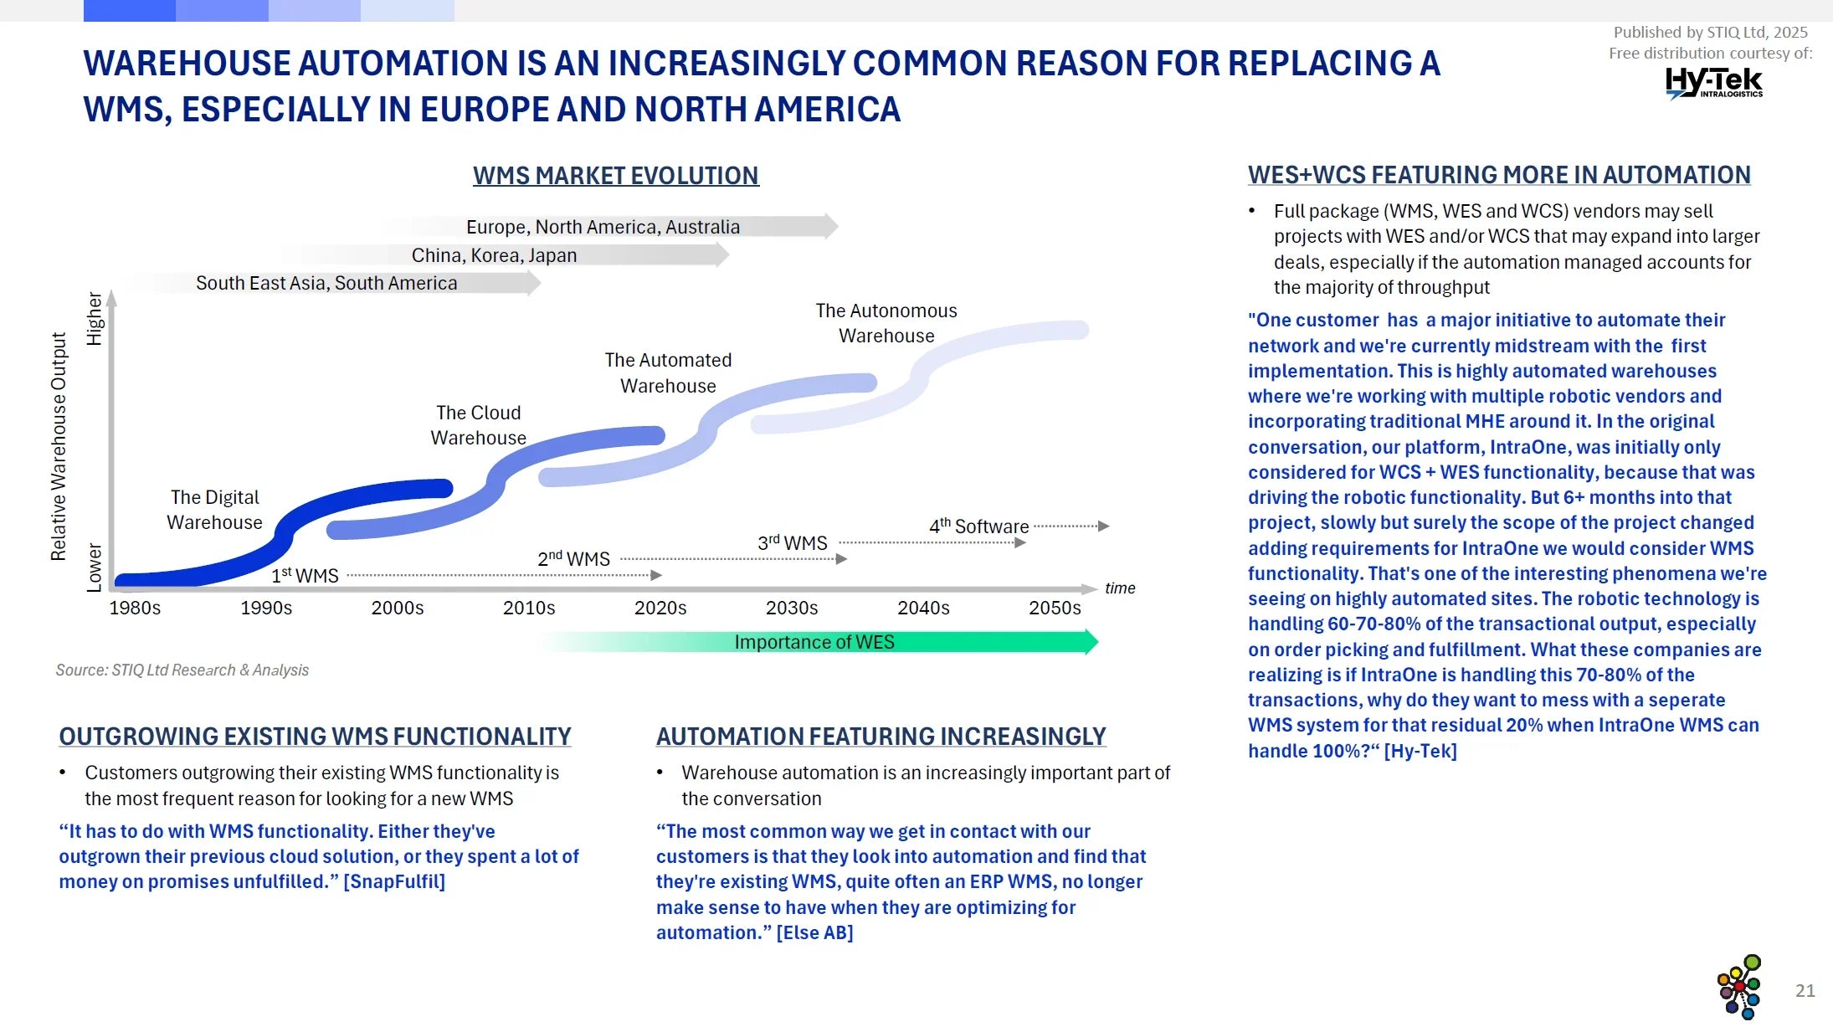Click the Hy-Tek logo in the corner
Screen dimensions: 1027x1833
1713,83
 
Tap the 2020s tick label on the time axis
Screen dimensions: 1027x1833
660,608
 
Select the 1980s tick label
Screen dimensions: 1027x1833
135,608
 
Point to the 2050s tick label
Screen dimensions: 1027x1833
1055,608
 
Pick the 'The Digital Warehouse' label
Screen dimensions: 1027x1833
214,510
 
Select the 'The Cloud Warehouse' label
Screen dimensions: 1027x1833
478,425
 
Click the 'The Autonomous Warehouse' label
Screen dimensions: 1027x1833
886,323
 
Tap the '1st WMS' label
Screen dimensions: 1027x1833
305,576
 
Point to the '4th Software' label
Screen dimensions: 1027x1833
978,526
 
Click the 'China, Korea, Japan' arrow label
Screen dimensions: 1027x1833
494,255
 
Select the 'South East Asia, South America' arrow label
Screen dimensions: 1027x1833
326,283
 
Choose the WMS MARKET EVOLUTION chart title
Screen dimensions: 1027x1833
615,176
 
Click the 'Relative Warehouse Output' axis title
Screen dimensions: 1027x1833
59,446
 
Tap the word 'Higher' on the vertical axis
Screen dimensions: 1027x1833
95,319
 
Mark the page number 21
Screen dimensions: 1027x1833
1805,991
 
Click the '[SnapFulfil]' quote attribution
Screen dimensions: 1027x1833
394,882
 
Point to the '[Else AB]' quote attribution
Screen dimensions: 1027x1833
814,933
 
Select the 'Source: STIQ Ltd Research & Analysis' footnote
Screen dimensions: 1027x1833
182,670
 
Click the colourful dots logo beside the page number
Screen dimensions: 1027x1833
1739,987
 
